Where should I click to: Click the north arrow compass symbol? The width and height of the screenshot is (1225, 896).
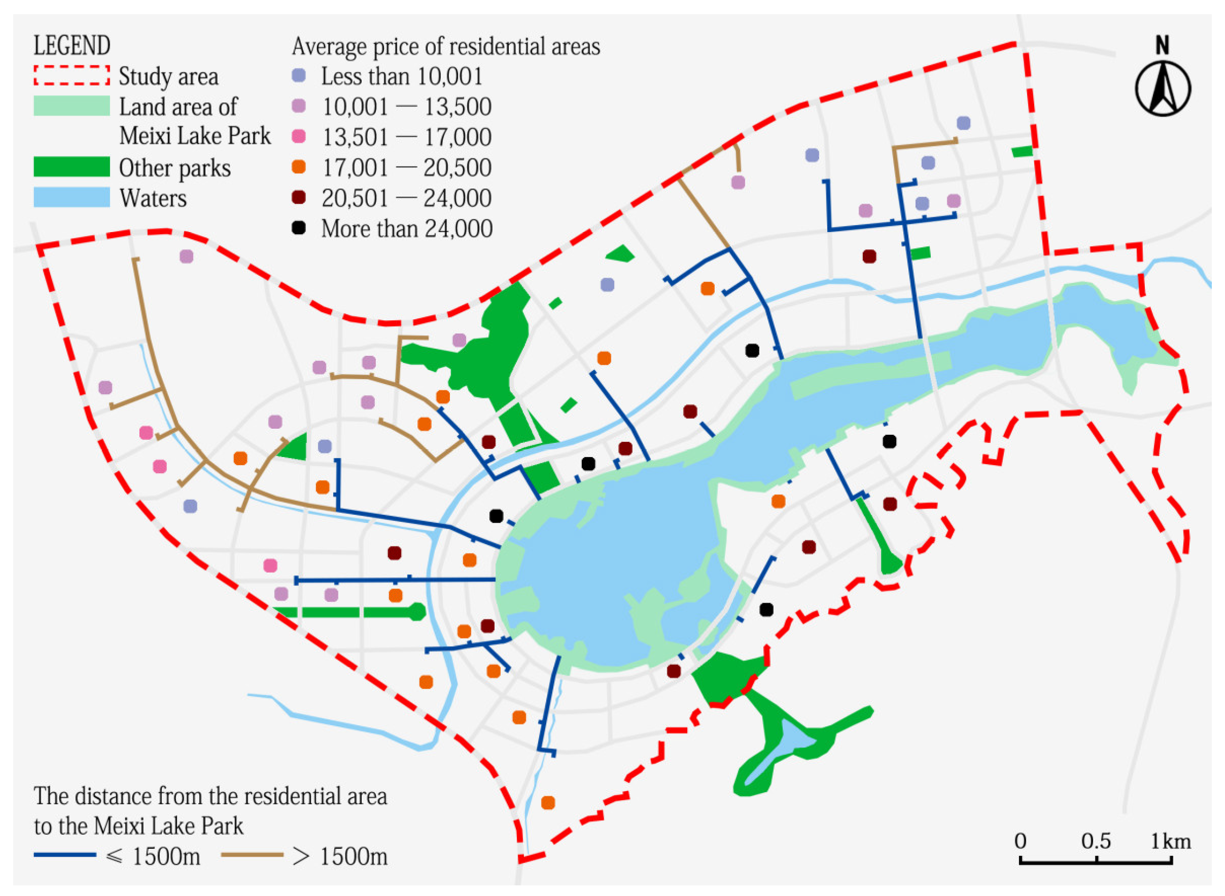tap(1163, 88)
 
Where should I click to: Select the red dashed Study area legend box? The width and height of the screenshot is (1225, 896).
tap(72, 76)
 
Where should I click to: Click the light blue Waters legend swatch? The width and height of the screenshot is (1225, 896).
tap(72, 198)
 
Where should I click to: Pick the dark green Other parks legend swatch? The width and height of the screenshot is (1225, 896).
tap(72, 167)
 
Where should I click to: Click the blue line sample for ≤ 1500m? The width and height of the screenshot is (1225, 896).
tap(64, 855)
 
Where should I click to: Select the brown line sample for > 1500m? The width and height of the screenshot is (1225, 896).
tap(253, 855)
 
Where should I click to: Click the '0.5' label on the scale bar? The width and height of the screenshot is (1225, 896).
tap(1096, 841)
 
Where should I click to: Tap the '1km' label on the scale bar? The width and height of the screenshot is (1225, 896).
tap(1171, 841)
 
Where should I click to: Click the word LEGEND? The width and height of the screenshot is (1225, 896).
tap(72, 46)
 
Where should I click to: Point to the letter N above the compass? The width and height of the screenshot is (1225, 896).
tap(1162, 46)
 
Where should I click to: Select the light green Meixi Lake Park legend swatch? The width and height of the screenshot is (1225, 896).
tap(72, 106)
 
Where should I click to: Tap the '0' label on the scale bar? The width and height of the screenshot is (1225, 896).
tap(1021, 841)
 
